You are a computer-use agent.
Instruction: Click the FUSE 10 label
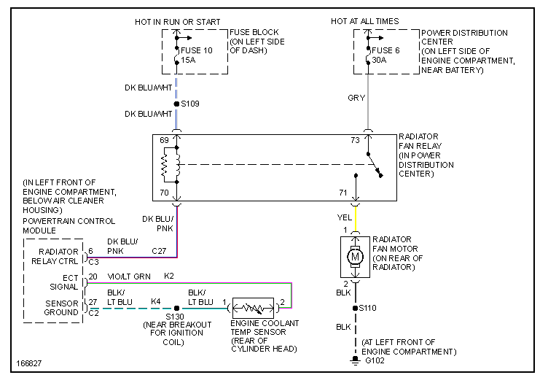196,50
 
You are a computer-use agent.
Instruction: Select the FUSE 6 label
385,50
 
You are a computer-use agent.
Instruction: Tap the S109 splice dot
176,104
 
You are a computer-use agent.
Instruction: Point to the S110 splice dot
356,309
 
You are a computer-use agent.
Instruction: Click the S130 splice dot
176,309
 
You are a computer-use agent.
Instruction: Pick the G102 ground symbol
356,360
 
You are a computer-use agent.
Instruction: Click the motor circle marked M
356,258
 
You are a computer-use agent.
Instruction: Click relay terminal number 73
355,139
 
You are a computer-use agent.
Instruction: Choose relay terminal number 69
165,139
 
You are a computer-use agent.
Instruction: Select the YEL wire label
345,216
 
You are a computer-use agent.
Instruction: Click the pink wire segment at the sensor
291,295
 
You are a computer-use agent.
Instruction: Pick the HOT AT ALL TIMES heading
364,21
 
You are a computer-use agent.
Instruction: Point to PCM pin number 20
93,277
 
